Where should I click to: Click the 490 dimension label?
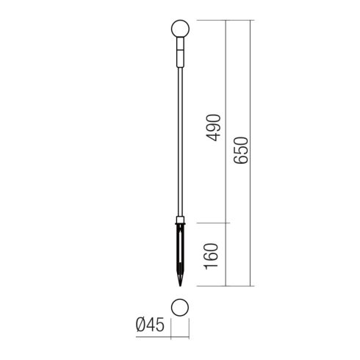(x=214, y=128)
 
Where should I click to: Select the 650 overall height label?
(x=241, y=151)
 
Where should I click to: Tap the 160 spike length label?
(x=211, y=256)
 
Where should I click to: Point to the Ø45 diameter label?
(x=150, y=325)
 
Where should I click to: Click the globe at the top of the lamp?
(x=180, y=29)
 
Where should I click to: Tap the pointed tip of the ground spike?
(x=180, y=286)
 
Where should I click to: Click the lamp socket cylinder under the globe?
(x=180, y=52)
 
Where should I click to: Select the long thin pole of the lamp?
(x=180, y=142)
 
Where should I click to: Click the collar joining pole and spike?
(x=180, y=220)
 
